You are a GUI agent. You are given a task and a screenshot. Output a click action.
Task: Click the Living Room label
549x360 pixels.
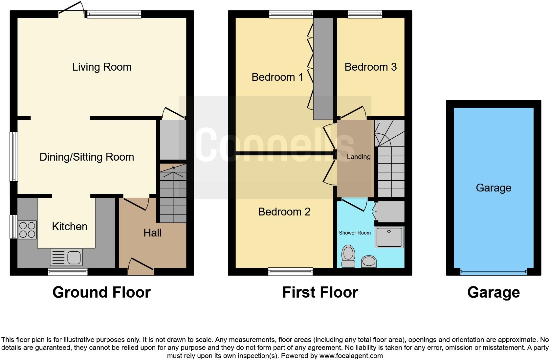coord(102,67)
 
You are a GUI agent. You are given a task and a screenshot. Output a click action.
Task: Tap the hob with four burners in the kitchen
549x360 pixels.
coord(27,230)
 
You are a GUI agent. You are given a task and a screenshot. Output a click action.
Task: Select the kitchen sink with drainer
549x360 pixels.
coord(66,257)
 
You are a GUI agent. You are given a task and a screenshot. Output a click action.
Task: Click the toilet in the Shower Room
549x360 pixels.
coord(348,256)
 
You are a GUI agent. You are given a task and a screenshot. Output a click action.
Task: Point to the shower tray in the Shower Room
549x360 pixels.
coord(389,237)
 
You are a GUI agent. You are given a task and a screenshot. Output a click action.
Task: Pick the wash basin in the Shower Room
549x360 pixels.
coord(369,262)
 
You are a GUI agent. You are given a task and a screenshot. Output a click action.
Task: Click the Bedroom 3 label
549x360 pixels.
coord(370,67)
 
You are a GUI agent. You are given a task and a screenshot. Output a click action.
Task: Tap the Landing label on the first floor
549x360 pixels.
coord(359,157)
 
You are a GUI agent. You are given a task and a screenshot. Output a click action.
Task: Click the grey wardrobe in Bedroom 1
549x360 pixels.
coord(323,68)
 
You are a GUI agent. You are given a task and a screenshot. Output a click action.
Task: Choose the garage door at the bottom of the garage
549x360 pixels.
coord(493,272)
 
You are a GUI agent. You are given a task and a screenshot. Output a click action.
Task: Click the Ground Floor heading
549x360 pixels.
coord(101,292)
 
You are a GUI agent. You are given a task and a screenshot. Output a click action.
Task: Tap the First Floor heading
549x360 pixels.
coord(320,292)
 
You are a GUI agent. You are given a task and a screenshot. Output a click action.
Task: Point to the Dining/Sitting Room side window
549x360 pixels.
coord(14,157)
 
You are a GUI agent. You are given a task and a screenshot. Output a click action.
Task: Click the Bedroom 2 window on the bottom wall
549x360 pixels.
coord(290,271)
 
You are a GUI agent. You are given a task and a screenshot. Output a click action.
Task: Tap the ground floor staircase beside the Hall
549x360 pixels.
coord(173,194)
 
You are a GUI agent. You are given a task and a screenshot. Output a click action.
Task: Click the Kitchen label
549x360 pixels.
coord(70,227)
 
